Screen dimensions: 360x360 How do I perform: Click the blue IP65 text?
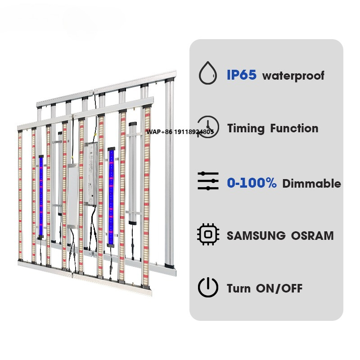(242, 75)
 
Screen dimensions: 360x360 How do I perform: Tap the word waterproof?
(293, 76)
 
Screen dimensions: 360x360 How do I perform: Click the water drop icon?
(208, 73)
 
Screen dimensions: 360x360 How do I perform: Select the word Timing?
(246, 128)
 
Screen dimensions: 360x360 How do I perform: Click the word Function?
(294, 128)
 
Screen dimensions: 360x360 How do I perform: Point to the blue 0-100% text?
(252, 183)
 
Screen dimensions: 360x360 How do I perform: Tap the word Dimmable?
(311, 184)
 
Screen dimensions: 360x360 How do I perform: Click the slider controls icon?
(208, 181)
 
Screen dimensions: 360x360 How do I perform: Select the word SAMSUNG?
(256, 236)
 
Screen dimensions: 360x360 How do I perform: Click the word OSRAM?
(312, 236)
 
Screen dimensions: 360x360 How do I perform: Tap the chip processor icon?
(208, 234)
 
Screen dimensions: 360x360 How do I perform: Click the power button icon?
(208, 287)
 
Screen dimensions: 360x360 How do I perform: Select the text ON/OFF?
(279, 288)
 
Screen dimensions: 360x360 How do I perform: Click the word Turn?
(238, 288)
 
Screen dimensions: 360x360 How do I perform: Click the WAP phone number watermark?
(180, 132)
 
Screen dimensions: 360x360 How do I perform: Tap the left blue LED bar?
(41, 197)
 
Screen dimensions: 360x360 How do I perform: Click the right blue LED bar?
(111, 197)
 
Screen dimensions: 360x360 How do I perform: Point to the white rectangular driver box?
(73, 196)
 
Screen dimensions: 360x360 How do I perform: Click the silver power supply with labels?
(91, 174)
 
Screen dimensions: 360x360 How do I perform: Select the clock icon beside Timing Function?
(208, 127)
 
